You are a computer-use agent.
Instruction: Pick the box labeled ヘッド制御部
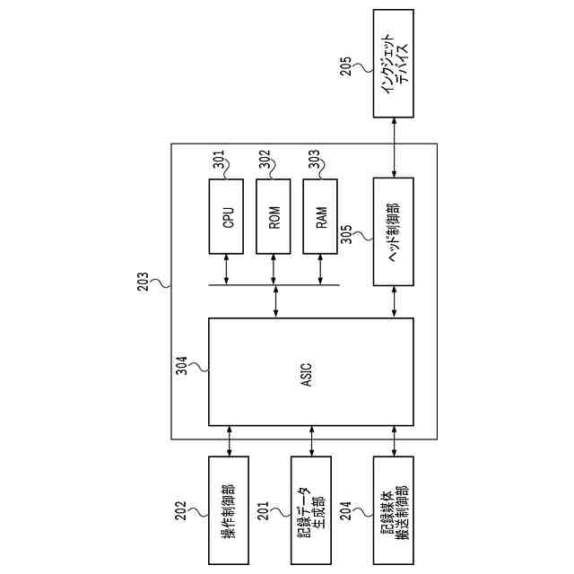pos(393,230)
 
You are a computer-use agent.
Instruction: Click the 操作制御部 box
pos(229,509)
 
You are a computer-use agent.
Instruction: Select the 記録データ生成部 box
pos(310,509)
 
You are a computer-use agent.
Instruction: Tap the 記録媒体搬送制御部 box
pos(393,509)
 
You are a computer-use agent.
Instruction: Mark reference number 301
pos(218,161)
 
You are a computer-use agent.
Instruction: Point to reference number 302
pos(265,161)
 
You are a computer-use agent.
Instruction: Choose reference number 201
pos(265,512)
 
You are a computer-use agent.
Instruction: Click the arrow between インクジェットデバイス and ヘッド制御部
pos(393,147)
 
